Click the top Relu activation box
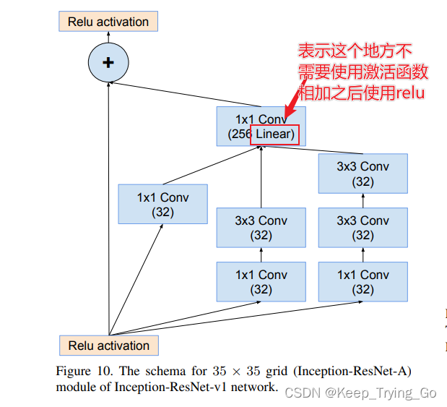click(108, 22)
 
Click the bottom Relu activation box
click(109, 346)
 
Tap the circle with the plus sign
click(108, 62)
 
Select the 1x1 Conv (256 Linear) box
click(261, 127)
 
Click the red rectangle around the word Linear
click(274, 134)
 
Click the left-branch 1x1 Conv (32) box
click(162, 205)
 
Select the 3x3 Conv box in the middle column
click(261, 228)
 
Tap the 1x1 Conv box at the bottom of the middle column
click(261, 282)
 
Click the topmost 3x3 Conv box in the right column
click(363, 173)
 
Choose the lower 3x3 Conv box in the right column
click(363, 228)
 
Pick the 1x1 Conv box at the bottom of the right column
click(363, 282)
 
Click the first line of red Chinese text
click(355, 51)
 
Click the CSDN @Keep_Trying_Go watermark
click(360, 393)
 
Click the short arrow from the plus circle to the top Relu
click(108, 38)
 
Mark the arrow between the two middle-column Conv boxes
click(261, 254)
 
